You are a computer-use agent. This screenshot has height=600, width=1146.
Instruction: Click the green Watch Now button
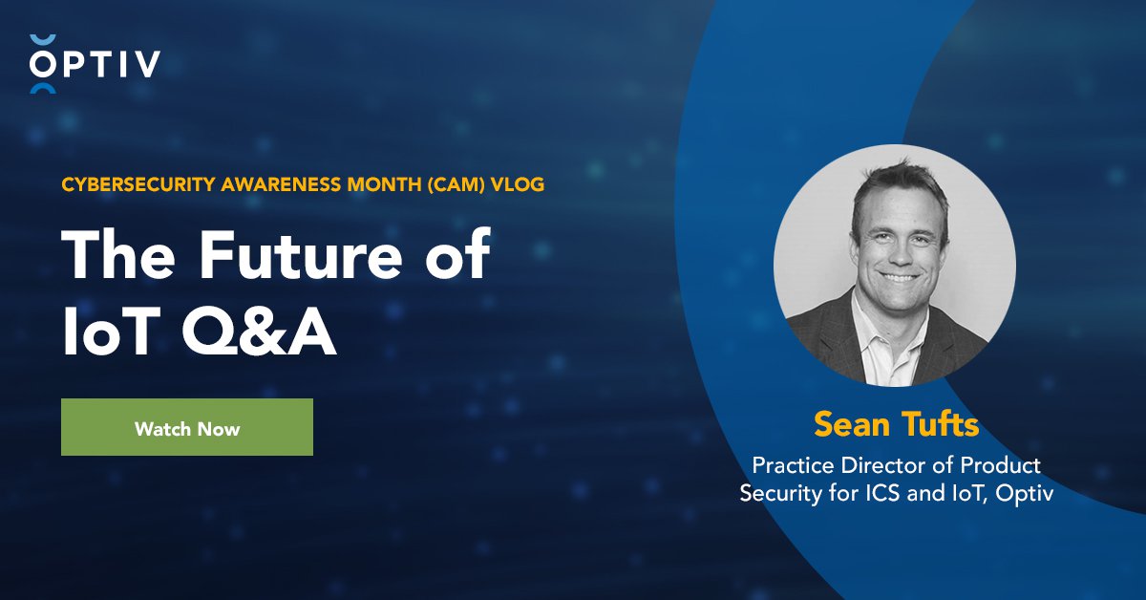click(x=187, y=427)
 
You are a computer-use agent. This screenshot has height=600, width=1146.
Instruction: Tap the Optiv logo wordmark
click(x=95, y=64)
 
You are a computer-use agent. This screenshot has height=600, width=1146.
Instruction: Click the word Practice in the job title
click(x=791, y=466)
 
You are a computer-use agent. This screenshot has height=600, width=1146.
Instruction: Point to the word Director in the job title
click(x=878, y=466)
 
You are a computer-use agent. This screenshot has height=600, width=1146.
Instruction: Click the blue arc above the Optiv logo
click(x=44, y=39)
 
